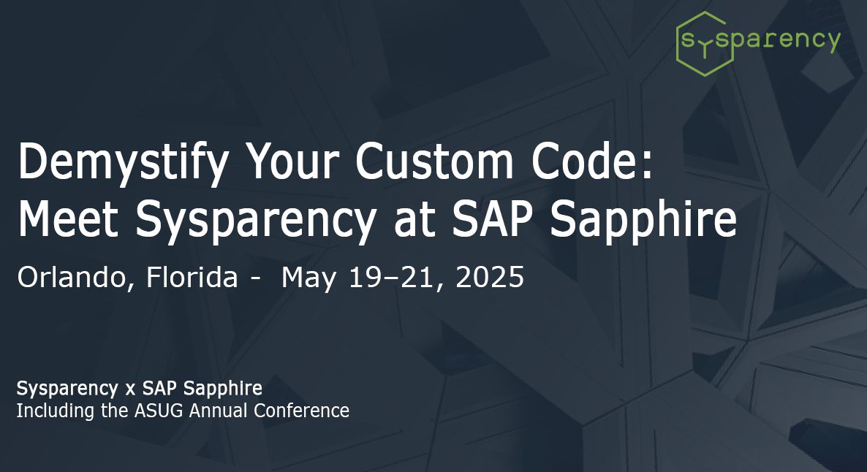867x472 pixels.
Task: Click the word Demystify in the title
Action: pos(124,163)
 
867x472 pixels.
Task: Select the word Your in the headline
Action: pos(292,161)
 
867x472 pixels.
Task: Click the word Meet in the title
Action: pos(68,219)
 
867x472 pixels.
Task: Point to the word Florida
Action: pos(192,276)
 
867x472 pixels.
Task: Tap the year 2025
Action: pos(490,277)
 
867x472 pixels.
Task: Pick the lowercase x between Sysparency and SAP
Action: pos(131,389)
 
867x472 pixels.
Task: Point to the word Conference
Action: pos(301,411)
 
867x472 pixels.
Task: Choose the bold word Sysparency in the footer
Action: pos(67,389)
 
